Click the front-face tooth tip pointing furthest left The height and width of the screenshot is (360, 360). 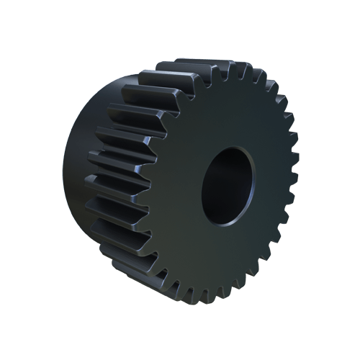(156, 189)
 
